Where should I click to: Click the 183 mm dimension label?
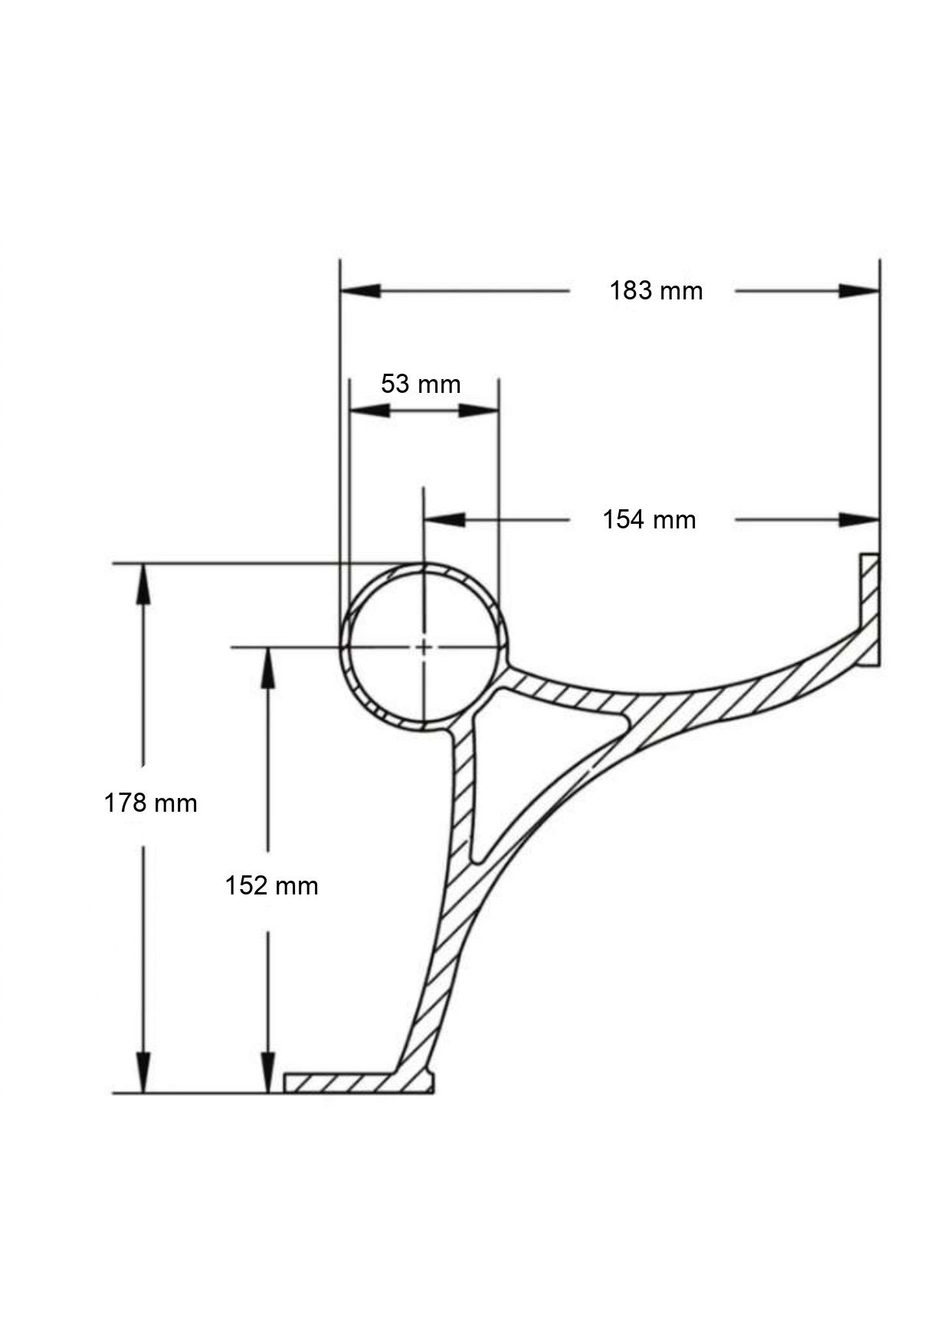(656, 291)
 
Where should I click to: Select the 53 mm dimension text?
(421, 383)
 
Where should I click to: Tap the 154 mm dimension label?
(649, 520)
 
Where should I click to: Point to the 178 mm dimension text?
(151, 803)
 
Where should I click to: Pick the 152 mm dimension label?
(271, 886)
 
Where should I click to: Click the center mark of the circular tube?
(423, 648)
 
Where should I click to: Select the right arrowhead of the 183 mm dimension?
(860, 291)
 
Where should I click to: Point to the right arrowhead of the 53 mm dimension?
(480, 410)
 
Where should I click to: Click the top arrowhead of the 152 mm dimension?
(267, 666)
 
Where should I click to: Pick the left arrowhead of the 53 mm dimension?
(369, 410)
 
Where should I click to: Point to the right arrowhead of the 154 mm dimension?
(860, 520)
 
